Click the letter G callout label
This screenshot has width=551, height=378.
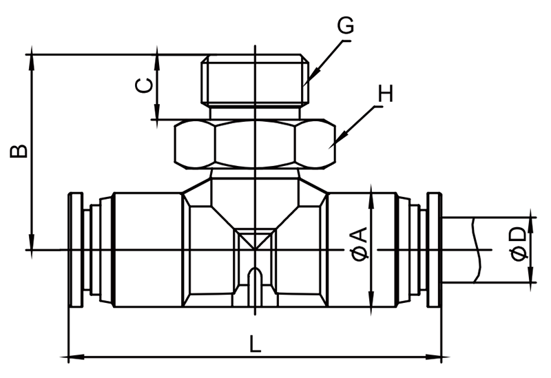coord(346,25)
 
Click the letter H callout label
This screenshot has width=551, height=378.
coord(385,94)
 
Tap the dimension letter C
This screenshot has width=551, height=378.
coord(145,85)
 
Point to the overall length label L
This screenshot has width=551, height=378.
coord(255,344)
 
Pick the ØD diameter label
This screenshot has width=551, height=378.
coord(519,244)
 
